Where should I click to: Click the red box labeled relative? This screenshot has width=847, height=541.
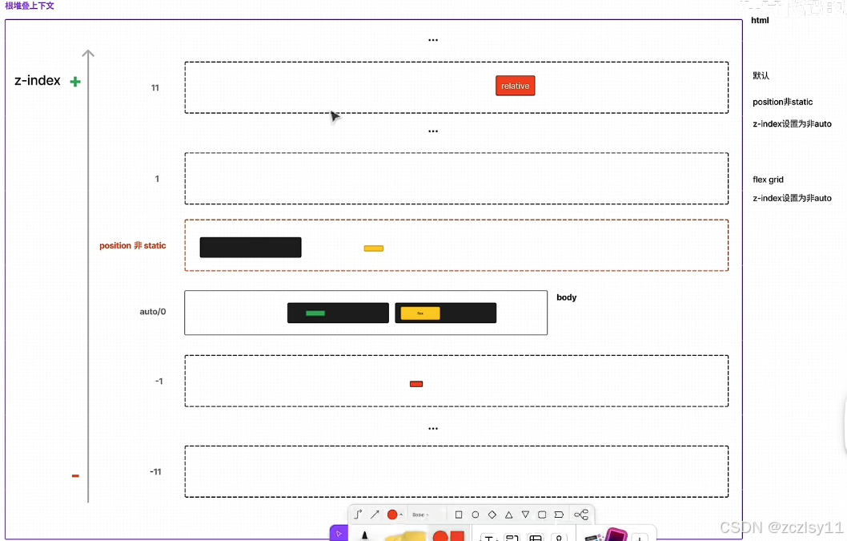coord(515,86)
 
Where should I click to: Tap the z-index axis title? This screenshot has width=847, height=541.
coord(38,80)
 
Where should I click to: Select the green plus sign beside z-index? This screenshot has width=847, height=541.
coord(75,81)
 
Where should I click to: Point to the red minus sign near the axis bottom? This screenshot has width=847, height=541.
coord(75,475)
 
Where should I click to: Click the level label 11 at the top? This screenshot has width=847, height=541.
coord(155,87)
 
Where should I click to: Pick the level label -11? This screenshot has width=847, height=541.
coord(155,471)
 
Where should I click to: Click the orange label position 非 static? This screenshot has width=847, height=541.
coord(133,245)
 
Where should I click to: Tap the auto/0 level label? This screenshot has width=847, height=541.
coord(153,311)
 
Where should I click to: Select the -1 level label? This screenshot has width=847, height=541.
coord(159,381)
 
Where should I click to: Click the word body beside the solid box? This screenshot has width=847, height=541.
coord(566,297)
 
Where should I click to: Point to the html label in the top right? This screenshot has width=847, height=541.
coord(760,20)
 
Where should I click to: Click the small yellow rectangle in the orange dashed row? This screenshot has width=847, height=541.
coord(373,248)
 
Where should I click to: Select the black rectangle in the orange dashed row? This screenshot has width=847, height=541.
coord(251,247)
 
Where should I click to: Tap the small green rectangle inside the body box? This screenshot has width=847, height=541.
coord(315,313)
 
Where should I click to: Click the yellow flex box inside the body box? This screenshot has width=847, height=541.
coord(420,313)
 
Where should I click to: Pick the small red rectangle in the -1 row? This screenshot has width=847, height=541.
coord(416,384)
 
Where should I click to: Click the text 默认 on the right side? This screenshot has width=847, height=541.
coord(761,75)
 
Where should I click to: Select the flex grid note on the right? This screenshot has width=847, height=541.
coord(768,180)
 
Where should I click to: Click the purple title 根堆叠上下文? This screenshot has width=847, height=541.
coord(30,6)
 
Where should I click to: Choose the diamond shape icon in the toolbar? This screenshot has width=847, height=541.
coord(492,515)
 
